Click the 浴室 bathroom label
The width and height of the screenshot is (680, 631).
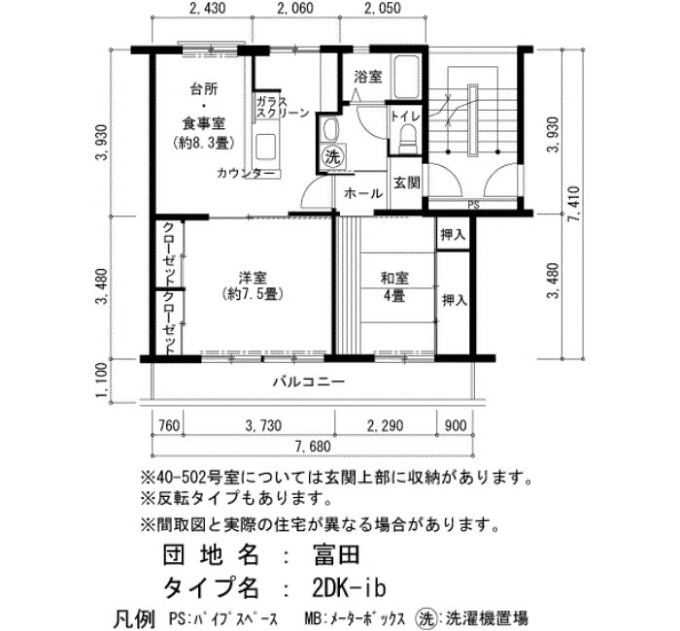368,77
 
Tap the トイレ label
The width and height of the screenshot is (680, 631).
405,116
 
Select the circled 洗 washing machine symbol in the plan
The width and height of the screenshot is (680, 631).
333,157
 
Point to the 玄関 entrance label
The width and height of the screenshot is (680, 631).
406,183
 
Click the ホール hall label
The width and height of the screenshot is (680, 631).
363,193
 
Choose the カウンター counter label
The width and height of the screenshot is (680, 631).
246,174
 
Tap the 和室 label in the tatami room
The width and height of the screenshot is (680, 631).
394,279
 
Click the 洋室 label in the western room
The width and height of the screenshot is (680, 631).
253,278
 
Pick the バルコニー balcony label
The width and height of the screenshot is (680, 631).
309,382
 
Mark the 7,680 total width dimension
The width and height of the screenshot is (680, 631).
313,447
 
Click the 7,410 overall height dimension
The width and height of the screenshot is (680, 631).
575,204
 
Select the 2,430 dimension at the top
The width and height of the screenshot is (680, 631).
208,8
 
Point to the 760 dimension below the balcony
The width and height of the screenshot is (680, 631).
168,425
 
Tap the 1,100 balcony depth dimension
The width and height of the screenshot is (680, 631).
101,381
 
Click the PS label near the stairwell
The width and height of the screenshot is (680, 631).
474,206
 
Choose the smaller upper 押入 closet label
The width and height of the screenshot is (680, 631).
454,235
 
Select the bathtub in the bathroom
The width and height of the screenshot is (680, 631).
405,77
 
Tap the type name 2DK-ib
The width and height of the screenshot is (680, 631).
349,588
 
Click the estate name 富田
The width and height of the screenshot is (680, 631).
336,554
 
